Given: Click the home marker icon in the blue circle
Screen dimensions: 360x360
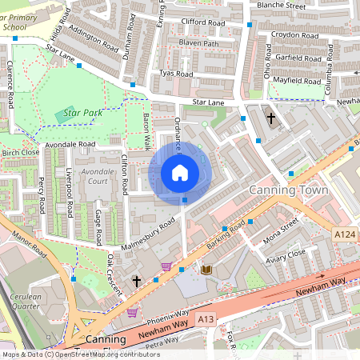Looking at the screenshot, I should click(x=180, y=172).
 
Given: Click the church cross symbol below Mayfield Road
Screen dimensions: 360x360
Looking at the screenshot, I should click(x=271, y=118).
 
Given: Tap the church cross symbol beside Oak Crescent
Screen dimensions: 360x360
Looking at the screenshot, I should click(x=137, y=281).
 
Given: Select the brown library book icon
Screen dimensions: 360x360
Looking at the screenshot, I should click(x=207, y=271).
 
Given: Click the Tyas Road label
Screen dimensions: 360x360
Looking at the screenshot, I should click(x=177, y=74).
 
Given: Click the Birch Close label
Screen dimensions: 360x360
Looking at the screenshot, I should click(x=21, y=152).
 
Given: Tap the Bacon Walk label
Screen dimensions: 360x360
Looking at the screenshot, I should click(x=146, y=127).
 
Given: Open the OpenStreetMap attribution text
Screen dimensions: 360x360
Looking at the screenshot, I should click(x=80, y=354).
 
